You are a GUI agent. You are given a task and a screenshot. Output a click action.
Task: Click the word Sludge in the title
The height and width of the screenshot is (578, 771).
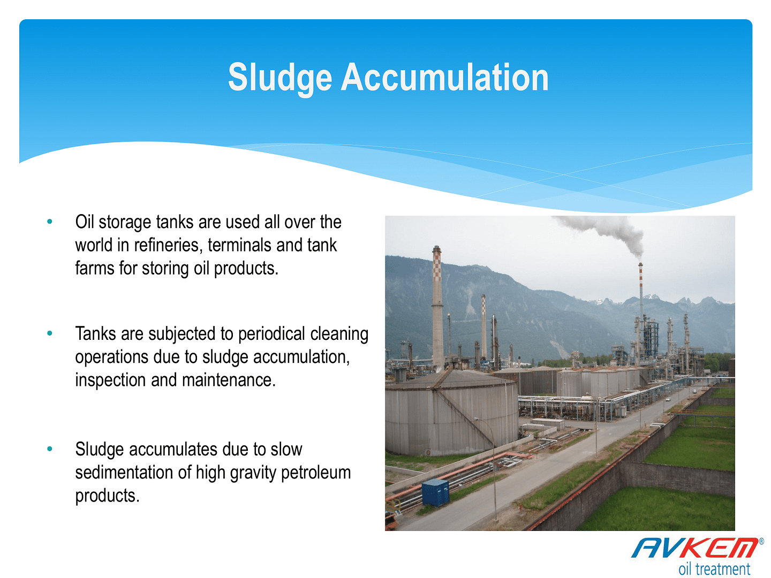point(279,78)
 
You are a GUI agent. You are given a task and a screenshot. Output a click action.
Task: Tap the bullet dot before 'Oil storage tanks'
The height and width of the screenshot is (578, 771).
point(50,222)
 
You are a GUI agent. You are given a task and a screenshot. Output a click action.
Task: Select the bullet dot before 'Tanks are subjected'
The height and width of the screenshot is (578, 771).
point(50,333)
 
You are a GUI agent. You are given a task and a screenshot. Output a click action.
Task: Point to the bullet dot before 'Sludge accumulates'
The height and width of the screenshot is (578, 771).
point(50,448)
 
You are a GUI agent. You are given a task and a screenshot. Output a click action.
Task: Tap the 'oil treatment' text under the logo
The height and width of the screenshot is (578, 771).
point(714,569)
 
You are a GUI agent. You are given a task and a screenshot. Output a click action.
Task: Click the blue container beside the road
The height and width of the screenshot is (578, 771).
point(435,493)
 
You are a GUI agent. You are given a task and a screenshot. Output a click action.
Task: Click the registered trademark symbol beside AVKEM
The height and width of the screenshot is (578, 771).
point(761,541)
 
